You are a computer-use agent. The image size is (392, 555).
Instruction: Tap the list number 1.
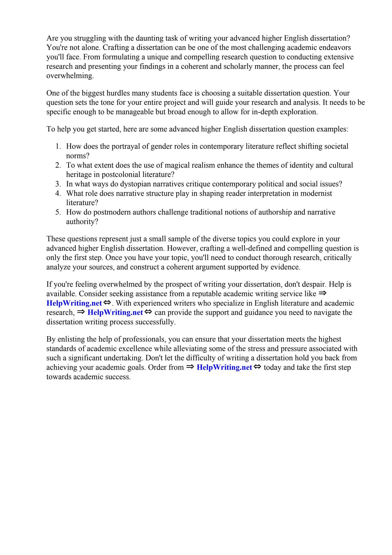58,147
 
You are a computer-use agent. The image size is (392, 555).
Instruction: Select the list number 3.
58,184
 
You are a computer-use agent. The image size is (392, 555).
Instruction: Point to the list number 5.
58,212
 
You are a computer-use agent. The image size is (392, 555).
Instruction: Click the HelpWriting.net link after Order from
224,368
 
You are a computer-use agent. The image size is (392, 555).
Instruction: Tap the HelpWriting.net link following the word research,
115,313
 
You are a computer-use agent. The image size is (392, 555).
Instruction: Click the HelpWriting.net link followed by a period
74,303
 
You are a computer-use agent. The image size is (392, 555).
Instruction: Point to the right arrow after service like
322,293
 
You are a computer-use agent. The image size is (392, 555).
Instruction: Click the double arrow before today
257,367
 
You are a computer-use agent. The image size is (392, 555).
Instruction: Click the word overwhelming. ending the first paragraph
70,76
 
